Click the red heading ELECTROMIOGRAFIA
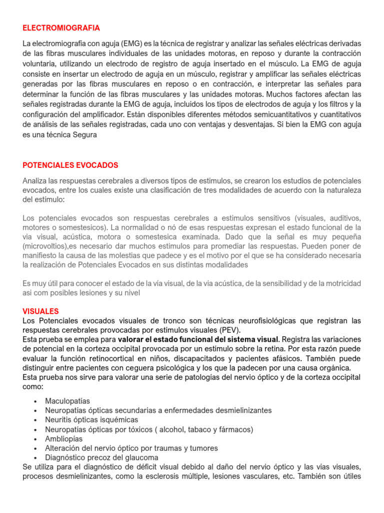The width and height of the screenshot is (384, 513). click(x=61, y=28)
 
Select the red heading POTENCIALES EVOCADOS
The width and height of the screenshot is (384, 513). click(x=70, y=165)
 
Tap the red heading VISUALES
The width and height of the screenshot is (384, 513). click(x=40, y=311)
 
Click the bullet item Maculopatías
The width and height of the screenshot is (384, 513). click(x=67, y=401)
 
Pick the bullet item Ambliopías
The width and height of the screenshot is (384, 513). click(x=64, y=439)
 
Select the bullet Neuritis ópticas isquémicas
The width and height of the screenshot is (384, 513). click(x=91, y=420)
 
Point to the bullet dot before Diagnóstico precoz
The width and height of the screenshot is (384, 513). click(x=35, y=458)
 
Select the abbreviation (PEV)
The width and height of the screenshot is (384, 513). click(x=229, y=330)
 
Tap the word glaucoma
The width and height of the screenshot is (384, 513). click(x=142, y=457)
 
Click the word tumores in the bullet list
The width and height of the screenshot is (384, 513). click(x=203, y=448)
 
